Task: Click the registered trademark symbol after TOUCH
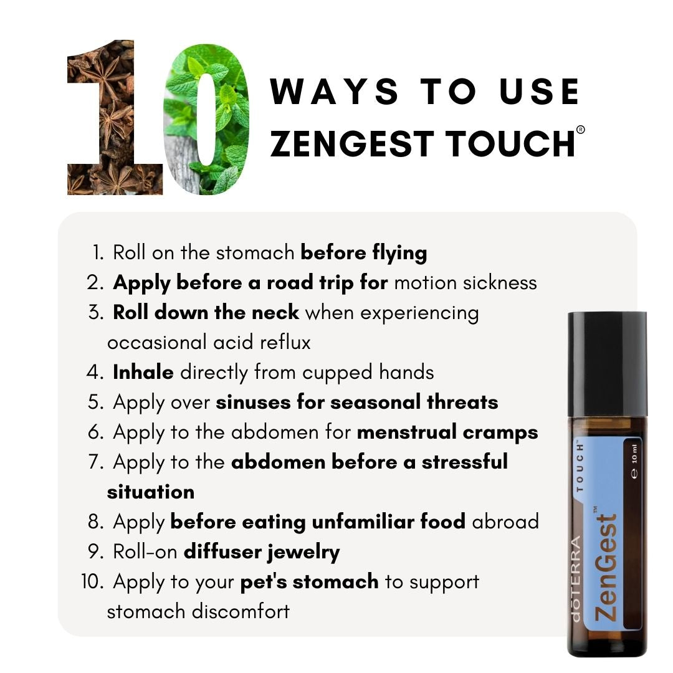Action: point(580,130)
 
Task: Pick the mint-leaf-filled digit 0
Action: point(207,119)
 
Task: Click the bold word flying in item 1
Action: point(399,253)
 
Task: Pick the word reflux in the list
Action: point(285,343)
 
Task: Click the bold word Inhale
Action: point(143,372)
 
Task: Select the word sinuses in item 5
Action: point(253,403)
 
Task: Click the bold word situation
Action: point(151,492)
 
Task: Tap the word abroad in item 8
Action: point(505,522)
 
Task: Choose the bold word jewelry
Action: point(303,552)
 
